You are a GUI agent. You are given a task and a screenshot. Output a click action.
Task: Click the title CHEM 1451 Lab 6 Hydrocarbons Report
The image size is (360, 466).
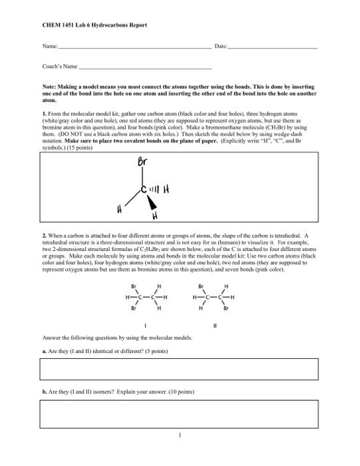point(94,25)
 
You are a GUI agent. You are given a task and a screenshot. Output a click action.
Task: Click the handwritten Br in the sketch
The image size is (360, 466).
point(142,162)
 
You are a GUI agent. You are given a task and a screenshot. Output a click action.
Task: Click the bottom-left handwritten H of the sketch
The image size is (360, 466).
point(121,210)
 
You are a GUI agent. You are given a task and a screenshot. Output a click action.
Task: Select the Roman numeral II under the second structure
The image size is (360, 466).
point(214,326)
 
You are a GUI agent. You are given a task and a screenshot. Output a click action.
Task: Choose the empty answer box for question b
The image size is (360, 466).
point(179,413)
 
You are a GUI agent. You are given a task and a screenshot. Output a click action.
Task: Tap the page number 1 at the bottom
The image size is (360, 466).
point(180,437)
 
